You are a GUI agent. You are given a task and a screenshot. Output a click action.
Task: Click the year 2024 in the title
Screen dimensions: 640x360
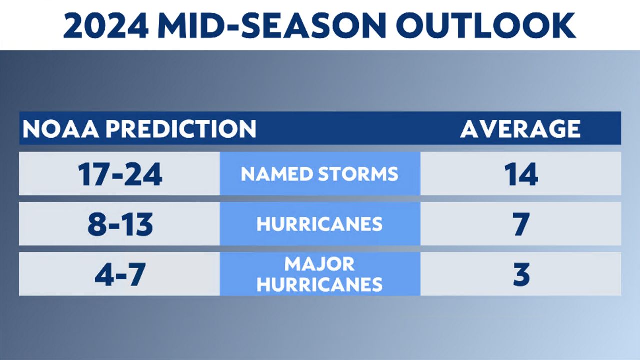[106, 25]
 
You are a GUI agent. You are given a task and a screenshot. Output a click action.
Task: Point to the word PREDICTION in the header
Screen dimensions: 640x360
[181, 129]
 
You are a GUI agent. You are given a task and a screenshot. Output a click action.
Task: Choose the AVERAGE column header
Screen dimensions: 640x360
[520, 129]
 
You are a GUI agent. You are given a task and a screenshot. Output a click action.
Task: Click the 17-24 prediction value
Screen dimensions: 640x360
[120, 174]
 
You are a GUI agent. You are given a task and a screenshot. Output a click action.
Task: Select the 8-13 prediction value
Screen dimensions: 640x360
[120, 224]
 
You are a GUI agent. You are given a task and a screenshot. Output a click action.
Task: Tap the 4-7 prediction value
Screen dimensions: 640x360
[120, 274]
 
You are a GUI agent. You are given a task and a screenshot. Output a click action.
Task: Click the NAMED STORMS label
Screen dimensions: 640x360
[319, 174]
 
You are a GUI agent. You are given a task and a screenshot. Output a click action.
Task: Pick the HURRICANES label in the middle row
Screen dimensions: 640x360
[319, 224]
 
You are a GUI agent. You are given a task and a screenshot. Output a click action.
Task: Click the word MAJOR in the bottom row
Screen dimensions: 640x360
[319, 264]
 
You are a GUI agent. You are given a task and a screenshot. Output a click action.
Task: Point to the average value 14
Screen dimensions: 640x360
[521, 174]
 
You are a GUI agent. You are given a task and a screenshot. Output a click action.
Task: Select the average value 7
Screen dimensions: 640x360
[521, 224]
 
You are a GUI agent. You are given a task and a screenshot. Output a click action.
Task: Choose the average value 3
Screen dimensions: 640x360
[521, 274]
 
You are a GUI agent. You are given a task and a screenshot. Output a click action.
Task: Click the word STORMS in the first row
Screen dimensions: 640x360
[358, 174]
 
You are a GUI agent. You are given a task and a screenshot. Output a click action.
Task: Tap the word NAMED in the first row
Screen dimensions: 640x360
[277, 174]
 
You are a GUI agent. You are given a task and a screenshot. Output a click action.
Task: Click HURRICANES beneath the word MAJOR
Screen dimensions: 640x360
[319, 284]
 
